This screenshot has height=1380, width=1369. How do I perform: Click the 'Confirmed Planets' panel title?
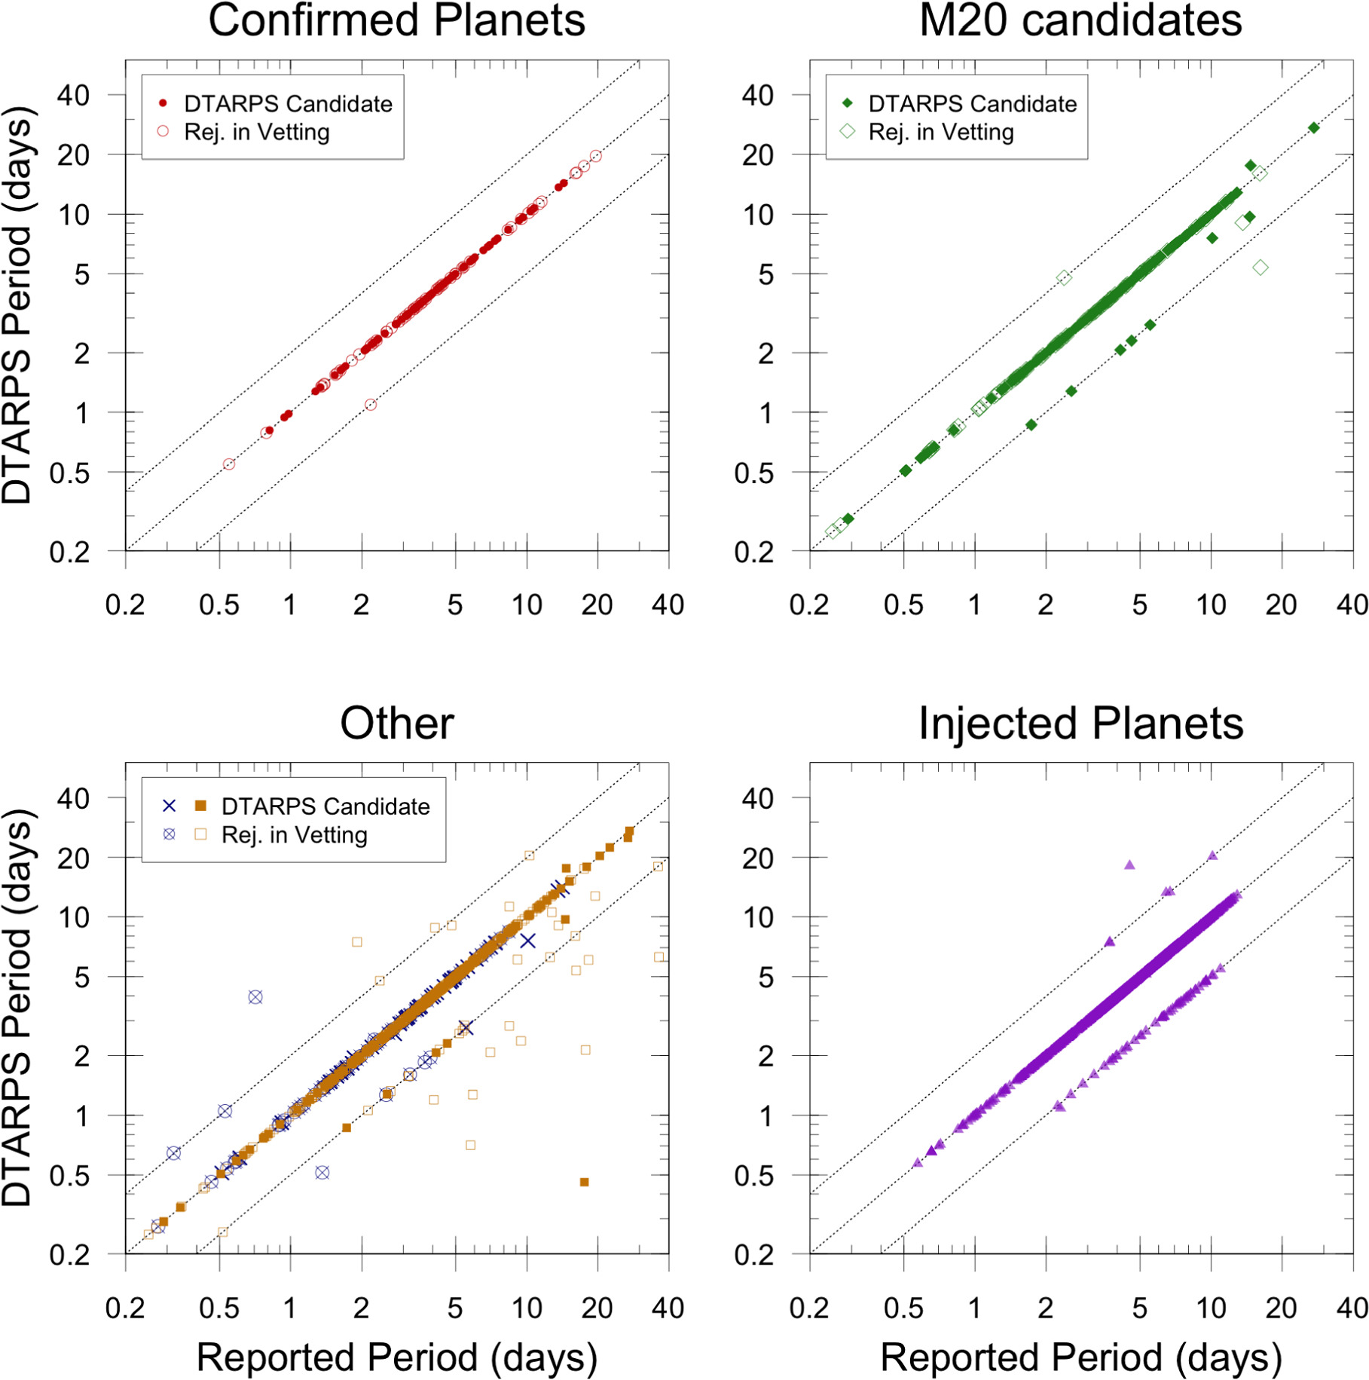pyautogui.click(x=396, y=20)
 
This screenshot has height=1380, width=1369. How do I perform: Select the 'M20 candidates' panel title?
pyautogui.click(x=1080, y=20)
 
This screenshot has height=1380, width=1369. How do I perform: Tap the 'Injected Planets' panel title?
pyautogui.click(x=1080, y=724)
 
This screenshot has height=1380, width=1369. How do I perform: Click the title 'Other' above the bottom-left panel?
pyautogui.click(x=397, y=724)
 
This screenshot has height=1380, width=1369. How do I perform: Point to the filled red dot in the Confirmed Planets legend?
pyautogui.click(x=163, y=103)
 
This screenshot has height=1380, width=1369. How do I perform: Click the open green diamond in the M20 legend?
pyautogui.click(x=848, y=131)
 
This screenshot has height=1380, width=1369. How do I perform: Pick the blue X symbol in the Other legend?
pyautogui.click(x=170, y=806)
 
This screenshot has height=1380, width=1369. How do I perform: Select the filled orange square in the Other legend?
pyautogui.click(x=200, y=806)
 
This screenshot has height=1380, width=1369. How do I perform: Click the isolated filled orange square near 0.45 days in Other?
pyautogui.click(x=584, y=1182)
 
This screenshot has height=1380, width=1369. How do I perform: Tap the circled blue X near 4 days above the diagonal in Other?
pyautogui.click(x=255, y=997)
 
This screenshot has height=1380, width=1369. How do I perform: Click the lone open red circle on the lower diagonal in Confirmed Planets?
pyautogui.click(x=371, y=405)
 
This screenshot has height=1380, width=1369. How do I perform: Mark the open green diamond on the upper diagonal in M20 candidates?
pyautogui.click(x=1063, y=278)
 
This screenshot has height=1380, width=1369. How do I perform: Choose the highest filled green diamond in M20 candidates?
pyautogui.click(x=1314, y=128)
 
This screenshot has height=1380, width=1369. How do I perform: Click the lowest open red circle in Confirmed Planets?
pyautogui.click(x=229, y=464)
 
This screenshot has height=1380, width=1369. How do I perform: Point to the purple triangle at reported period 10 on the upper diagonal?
pyautogui.click(x=1212, y=855)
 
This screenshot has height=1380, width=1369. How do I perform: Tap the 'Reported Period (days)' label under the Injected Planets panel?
pyautogui.click(x=1080, y=1357)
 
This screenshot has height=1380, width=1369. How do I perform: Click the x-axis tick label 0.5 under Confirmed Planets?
pyautogui.click(x=219, y=604)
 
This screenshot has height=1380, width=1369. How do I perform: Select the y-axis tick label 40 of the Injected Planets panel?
pyautogui.click(x=757, y=798)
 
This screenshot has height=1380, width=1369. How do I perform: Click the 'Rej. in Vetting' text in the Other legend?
pyautogui.click(x=295, y=835)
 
